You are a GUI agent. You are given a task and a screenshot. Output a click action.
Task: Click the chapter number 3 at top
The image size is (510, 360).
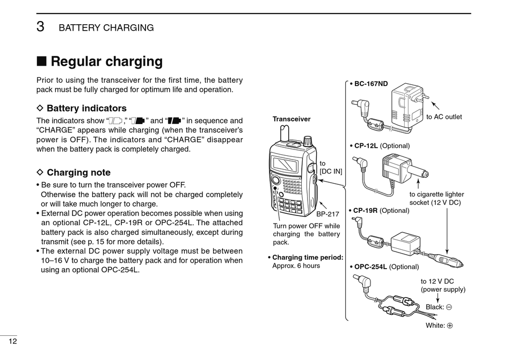[x=40, y=27]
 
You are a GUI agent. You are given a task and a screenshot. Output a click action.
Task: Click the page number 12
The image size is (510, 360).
[x=13, y=342]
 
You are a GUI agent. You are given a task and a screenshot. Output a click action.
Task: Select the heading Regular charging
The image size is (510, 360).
[x=106, y=61]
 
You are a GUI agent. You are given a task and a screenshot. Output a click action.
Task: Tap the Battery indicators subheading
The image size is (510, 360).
[x=86, y=109]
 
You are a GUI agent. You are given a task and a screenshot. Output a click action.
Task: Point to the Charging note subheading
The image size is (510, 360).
[x=78, y=172]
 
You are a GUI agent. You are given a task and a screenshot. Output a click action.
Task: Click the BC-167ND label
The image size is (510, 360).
[x=370, y=84]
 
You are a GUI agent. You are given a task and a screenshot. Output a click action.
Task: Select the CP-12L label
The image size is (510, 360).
[x=367, y=146]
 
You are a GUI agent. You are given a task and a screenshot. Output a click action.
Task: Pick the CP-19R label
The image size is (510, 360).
[x=367, y=210]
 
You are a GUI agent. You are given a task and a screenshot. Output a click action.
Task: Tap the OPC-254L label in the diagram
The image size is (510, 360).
[x=370, y=267]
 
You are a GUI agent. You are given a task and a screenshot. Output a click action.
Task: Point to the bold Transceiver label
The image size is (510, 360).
[x=292, y=119]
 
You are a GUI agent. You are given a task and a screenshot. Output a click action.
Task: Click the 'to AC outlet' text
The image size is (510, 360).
[x=444, y=117]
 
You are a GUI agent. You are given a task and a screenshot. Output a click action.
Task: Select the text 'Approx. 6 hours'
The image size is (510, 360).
[x=296, y=265]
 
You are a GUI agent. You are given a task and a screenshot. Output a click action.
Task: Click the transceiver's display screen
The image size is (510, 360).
[x=285, y=163]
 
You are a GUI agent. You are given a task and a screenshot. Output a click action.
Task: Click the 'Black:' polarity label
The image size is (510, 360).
[x=435, y=307]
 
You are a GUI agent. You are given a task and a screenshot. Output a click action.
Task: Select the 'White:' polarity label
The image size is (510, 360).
[x=435, y=325]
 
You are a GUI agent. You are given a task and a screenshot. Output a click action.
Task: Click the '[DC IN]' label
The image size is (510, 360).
[x=331, y=171]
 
